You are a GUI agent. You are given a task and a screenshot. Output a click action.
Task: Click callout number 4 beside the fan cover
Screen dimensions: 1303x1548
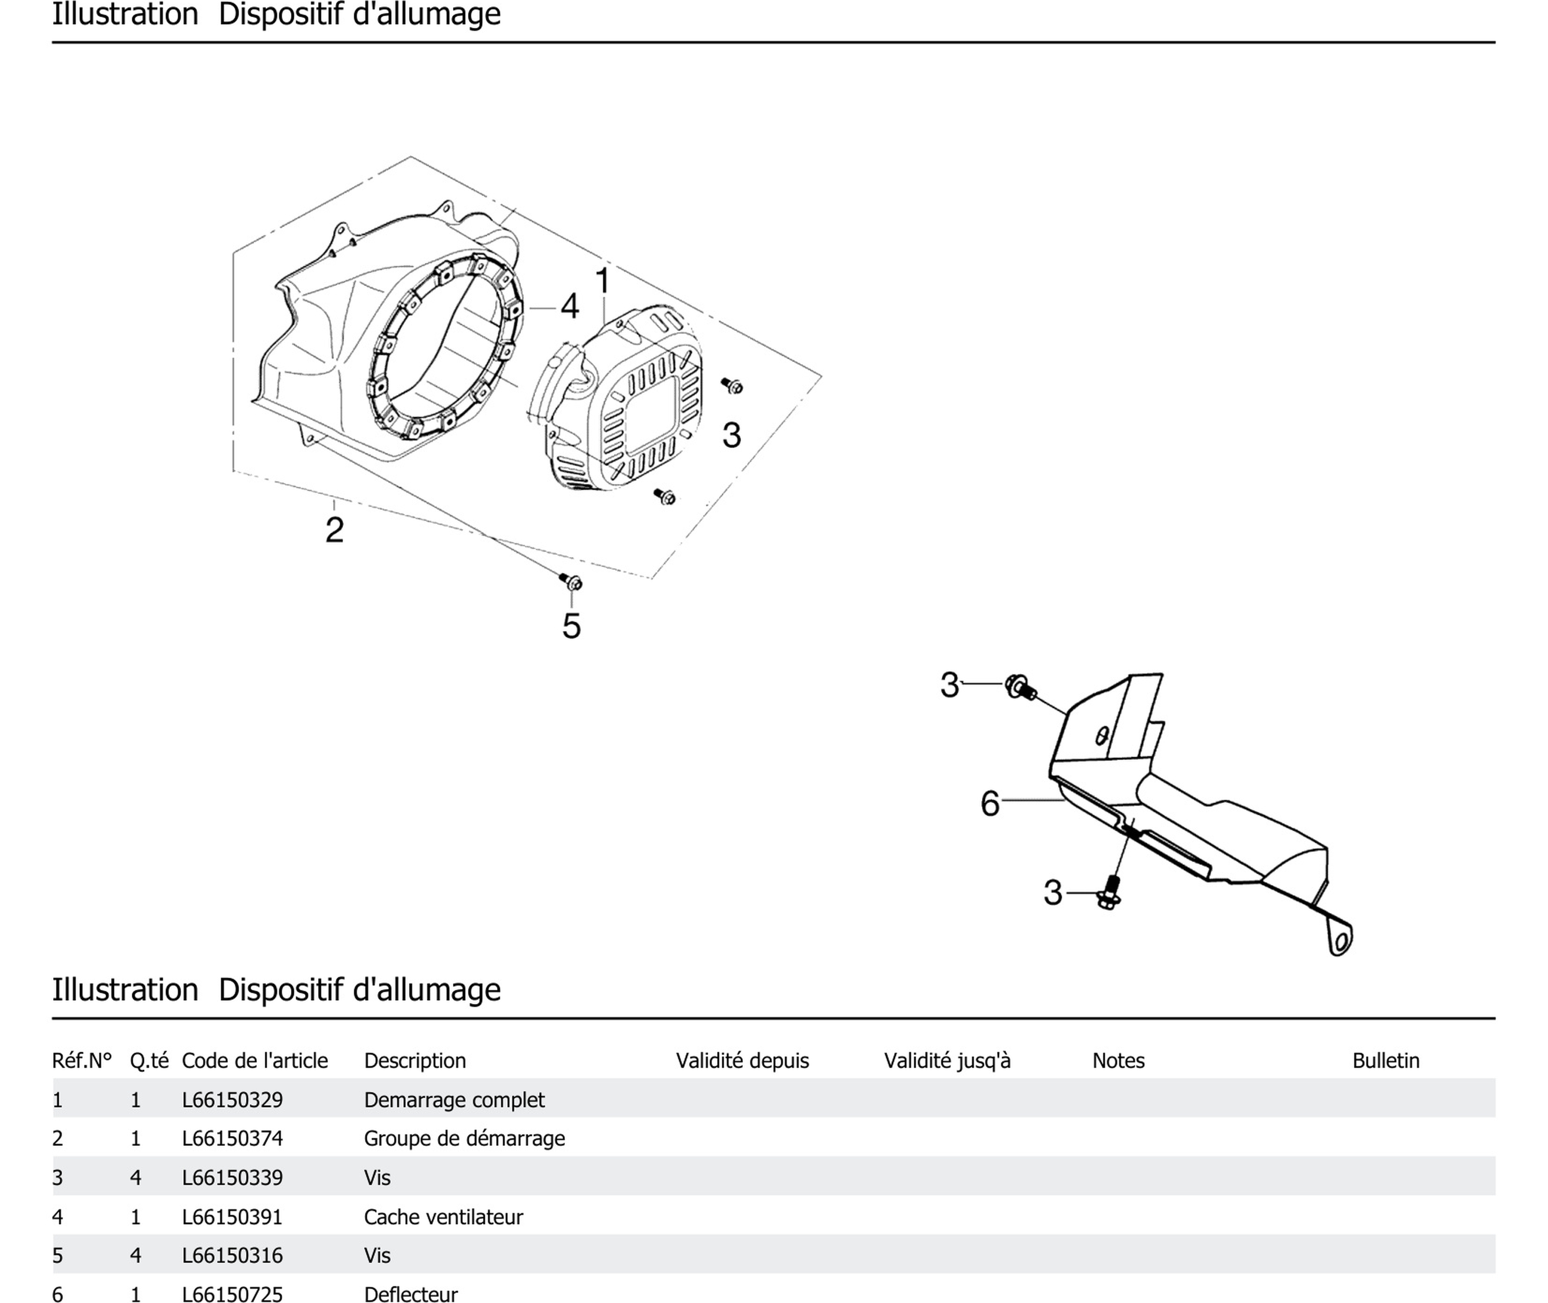pyautogui.click(x=569, y=306)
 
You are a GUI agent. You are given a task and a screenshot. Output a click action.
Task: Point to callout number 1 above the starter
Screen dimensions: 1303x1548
pyautogui.click(x=603, y=281)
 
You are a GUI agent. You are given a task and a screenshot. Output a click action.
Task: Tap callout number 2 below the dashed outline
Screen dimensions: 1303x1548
pyautogui.click(x=335, y=530)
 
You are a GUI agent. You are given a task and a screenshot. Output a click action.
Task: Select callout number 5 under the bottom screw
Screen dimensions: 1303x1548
pyautogui.click(x=572, y=626)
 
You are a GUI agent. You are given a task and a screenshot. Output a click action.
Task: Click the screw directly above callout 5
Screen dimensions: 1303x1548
pyautogui.click(x=571, y=582)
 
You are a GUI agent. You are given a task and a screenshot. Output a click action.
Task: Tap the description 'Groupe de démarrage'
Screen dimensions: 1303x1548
pyautogui.click(x=464, y=1138)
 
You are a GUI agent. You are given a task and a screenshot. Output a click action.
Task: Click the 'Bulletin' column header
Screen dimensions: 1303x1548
pyautogui.click(x=1386, y=1061)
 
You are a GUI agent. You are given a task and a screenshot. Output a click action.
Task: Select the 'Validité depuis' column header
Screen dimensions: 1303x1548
pyautogui.click(x=742, y=1061)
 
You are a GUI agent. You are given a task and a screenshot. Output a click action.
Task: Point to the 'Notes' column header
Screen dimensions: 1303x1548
pyautogui.click(x=1118, y=1061)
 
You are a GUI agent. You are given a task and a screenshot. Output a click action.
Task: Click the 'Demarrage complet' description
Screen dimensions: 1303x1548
pyautogui.click(x=454, y=1100)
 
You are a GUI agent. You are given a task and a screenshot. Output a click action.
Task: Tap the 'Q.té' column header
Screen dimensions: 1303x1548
pyautogui.click(x=149, y=1061)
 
